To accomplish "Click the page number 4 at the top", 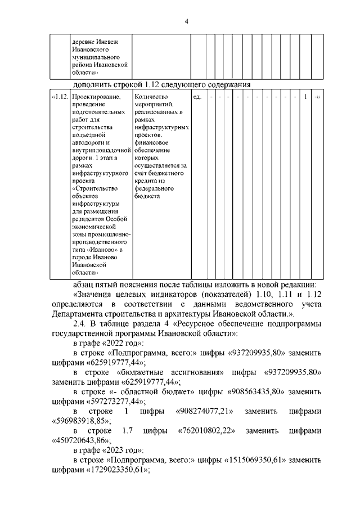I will pos(186,21).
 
